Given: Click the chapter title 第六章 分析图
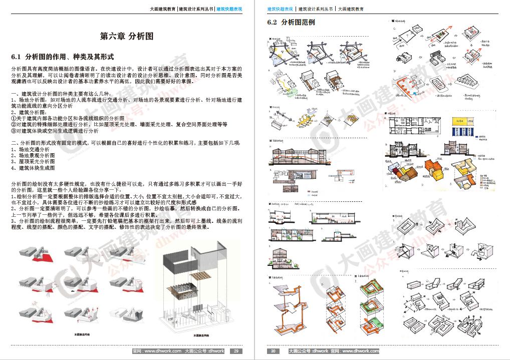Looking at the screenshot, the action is [x=126, y=37].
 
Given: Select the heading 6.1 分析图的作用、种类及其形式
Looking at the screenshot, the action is [x=63, y=56].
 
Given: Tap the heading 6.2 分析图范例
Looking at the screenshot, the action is [x=291, y=23].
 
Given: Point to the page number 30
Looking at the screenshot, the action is [x=273, y=351].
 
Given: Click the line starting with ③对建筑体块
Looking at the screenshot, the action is [x=55, y=131].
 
